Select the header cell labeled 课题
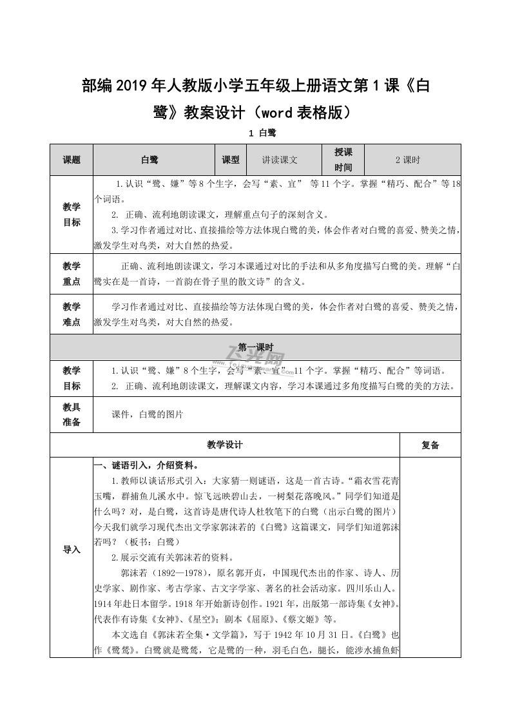(x=72, y=160)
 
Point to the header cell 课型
(x=231, y=160)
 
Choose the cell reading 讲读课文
(x=280, y=160)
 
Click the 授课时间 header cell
(x=343, y=160)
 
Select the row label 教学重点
(x=72, y=274)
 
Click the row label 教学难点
(x=72, y=314)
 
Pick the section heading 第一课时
(x=256, y=346)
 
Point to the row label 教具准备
(x=72, y=415)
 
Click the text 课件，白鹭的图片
(x=148, y=415)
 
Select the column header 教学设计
(x=225, y=445)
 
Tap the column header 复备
(x=430, y=445)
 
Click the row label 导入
(x=72, y=550)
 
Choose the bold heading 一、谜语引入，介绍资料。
(x=146, y=466)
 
